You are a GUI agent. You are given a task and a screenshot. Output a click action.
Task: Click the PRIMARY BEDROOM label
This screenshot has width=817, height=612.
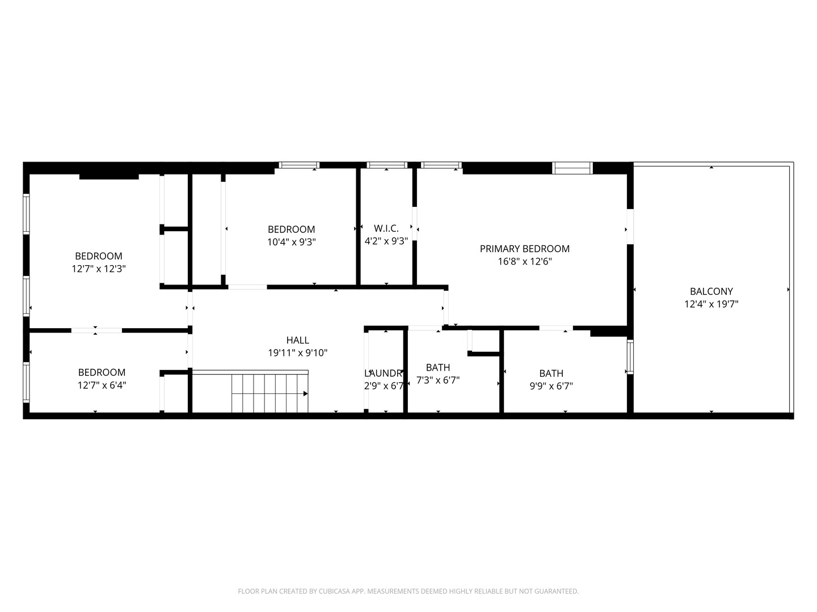coord(524,249)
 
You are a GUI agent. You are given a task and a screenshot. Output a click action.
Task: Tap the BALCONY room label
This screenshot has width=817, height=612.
coord(711,291)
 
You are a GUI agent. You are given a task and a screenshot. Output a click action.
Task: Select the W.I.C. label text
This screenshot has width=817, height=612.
coord(386,228)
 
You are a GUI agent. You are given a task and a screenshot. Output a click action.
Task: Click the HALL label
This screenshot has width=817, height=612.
coord(297,340)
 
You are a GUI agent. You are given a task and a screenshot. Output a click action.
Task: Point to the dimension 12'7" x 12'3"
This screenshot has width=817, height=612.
coord(98,269)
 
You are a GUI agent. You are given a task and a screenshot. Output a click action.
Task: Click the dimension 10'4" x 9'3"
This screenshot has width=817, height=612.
coord(291,242)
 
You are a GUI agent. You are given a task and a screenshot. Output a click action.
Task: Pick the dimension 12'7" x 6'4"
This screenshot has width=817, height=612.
coord(102,385)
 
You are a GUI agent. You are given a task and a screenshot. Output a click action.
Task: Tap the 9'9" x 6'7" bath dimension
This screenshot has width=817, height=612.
coord(551,386)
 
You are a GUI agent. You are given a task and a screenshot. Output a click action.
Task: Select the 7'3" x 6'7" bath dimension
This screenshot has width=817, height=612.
coord(437,380)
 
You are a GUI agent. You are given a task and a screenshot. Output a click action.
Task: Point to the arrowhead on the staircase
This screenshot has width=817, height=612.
coord(305,393)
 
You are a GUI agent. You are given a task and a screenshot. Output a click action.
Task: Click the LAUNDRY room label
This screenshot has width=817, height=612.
coord(384,373)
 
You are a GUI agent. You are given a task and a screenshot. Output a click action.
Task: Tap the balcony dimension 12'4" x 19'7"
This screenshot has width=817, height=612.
coord(711,304)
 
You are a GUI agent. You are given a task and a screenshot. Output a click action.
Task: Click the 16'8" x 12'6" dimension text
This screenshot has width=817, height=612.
coord(524,262)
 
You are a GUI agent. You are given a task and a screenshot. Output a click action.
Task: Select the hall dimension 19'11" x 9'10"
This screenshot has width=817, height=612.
coord(297,353)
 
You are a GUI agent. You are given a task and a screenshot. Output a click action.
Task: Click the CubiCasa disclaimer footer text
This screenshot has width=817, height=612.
coord(408,591)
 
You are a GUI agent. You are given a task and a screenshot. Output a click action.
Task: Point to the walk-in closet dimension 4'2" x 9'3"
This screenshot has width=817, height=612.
coord(386,241)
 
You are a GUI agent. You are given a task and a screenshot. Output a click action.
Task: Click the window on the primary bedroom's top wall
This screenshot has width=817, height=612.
coord(572,168)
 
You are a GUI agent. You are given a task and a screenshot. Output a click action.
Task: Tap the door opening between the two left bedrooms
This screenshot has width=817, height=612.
coord(96,330)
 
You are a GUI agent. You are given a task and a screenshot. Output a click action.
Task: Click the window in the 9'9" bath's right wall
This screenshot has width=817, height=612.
coord(630,357)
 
